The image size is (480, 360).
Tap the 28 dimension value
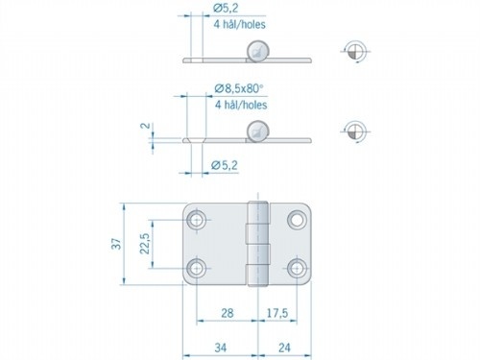tap(225, 312)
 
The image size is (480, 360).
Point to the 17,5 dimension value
tap(276, 312)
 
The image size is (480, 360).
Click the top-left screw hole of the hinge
tap(197, 222)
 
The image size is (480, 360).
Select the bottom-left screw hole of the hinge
tap(197, 268)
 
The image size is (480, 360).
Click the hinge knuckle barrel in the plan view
tap(255, 245)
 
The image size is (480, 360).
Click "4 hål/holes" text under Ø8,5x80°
tap(240, 106)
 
